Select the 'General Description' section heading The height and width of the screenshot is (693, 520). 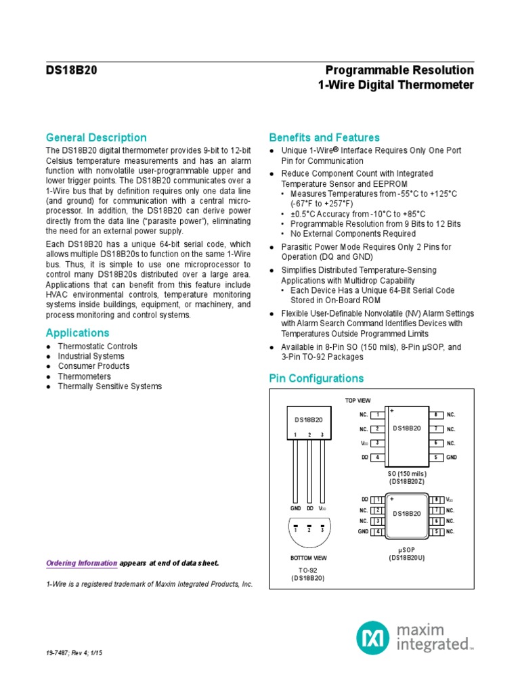pyautogui.click(x=95, y=137)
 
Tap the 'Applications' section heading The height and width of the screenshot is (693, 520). pyautogui.click(x=77, y=333)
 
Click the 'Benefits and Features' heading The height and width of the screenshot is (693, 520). pyautogui.click(x=324, y=137)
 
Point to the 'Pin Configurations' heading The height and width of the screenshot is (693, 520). pyautogui.click(x=316, y=378)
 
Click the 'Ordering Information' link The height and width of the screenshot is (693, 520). pyautogui.click(x=81, y=563)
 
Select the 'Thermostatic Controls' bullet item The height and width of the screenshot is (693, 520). pyautogui.click(x=97, y=346)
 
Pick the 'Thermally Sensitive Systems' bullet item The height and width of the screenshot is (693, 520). pyautogui.click(x=110, y=386)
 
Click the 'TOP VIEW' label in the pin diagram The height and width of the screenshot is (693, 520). pyautogui.click(x=358, y=401)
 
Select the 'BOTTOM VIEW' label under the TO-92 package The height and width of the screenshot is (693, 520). pyautogui.click(x=308, y=558)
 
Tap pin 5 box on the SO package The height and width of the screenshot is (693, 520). pyautogui.click(x=437, y=457)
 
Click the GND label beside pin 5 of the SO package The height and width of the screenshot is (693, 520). pyautogui.click(x=452, y=457)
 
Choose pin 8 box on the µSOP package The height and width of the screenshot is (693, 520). pyautogui.click(x=437, y=499)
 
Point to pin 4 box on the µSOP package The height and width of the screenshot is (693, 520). pyautogui.click(x=377, y=532)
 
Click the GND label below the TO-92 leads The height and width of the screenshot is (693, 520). pyautogui.click(x=295, y=508)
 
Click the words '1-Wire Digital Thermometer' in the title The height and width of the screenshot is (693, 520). pyautogui.click(x=396, y=85)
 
